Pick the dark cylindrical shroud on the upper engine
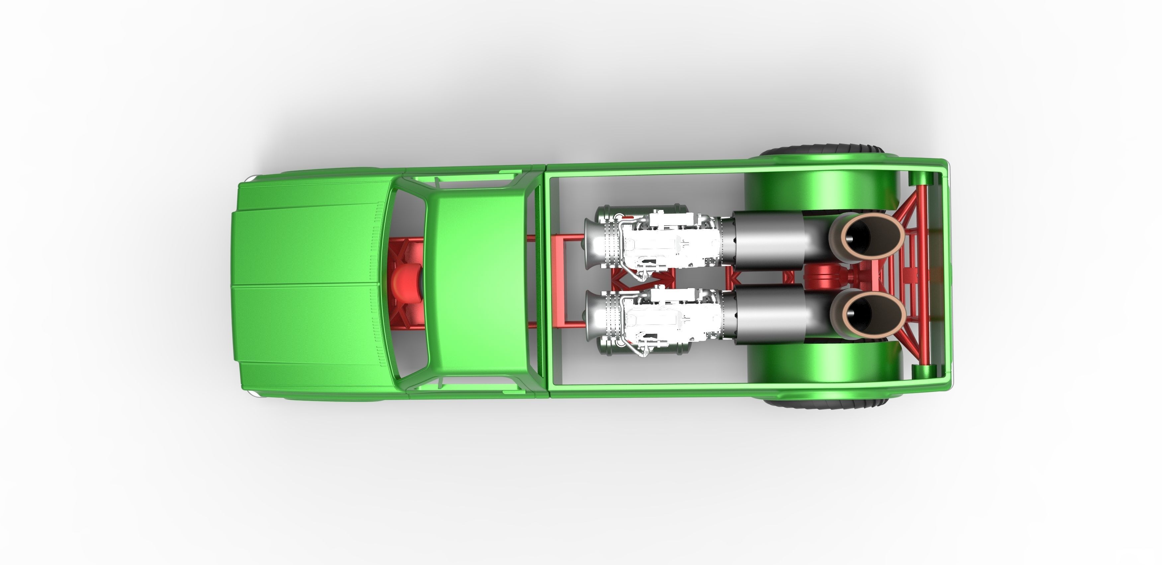(767, 240)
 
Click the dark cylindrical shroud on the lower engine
(769, 313)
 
